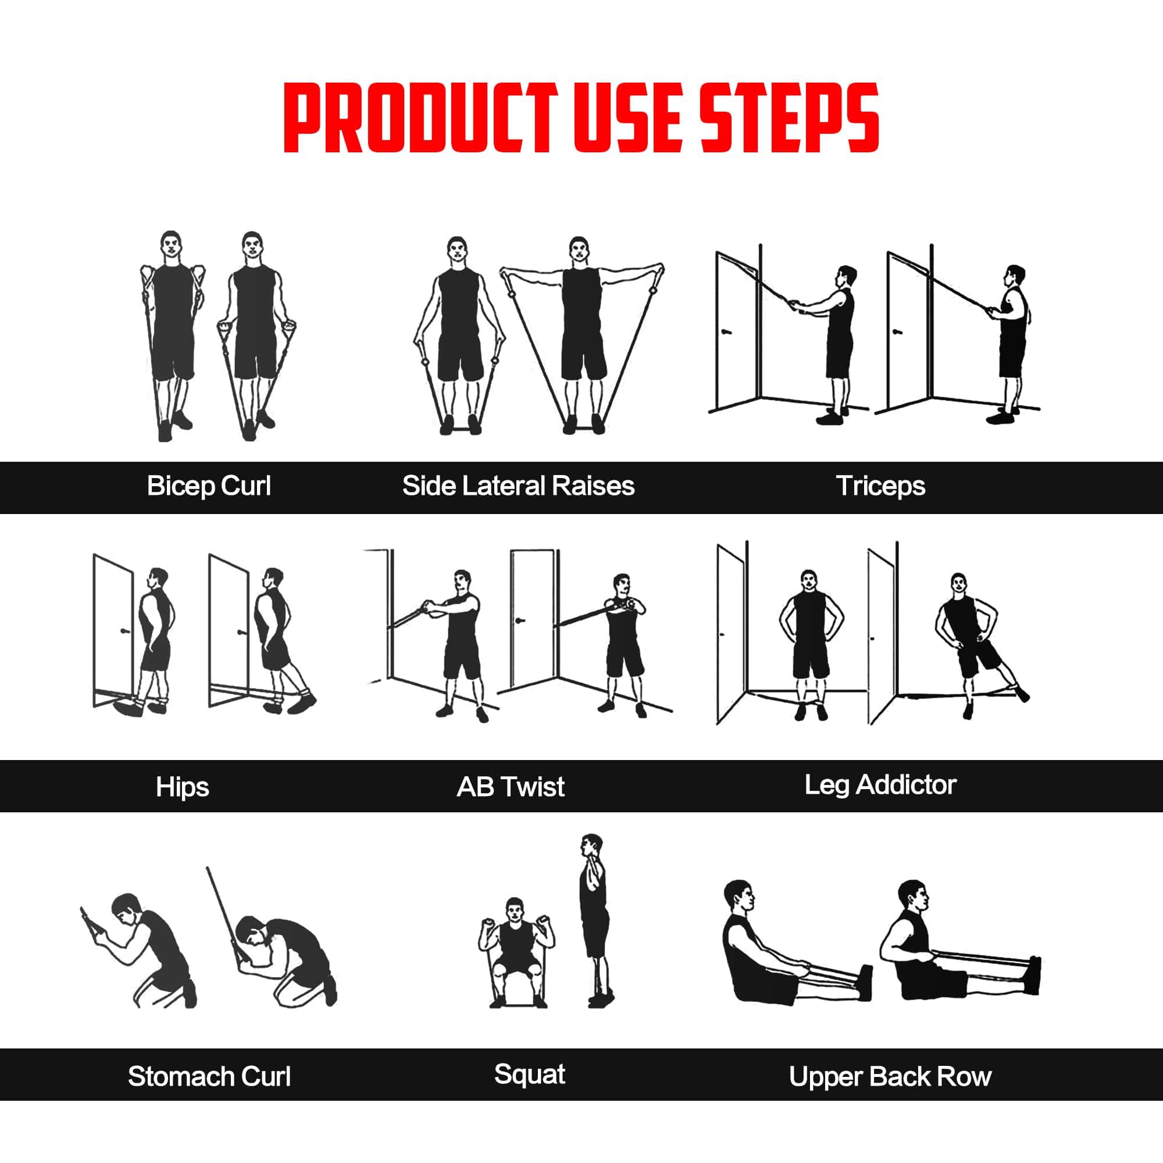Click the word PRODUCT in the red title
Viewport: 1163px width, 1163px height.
pos(420,118)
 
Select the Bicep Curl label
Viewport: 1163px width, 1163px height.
pos(209,486)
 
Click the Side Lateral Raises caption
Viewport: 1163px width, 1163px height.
pos(518,486)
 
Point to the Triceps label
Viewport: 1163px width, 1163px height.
pos(880,486)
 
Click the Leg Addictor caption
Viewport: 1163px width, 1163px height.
pos(880,785)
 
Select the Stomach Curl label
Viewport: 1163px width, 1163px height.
pos(209,1076)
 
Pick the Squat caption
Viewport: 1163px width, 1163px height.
pos(529,1075)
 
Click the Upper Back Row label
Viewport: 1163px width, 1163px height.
pos(890,1076)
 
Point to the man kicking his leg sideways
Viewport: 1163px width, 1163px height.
pos(969,644)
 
